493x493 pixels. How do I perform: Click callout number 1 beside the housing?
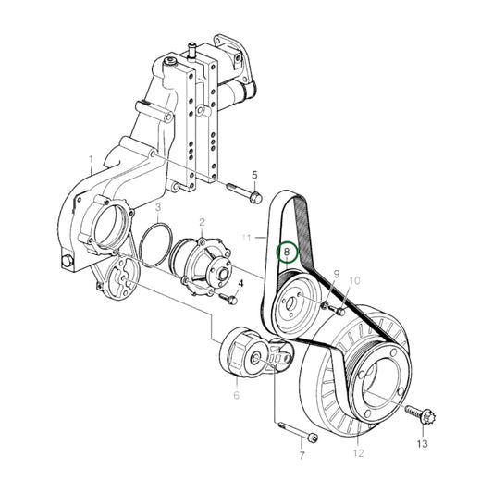[x=91, y=159]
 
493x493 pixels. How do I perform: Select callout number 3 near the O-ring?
[x=158, y=208]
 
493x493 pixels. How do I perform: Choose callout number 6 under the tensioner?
[x=236, y=395]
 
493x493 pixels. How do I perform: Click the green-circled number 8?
[x=287, y=251]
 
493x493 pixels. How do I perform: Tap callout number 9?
[x=337, y=275]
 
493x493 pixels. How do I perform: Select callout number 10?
[x=355, y=280]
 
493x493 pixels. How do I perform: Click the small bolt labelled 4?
[x=226, y=298]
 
